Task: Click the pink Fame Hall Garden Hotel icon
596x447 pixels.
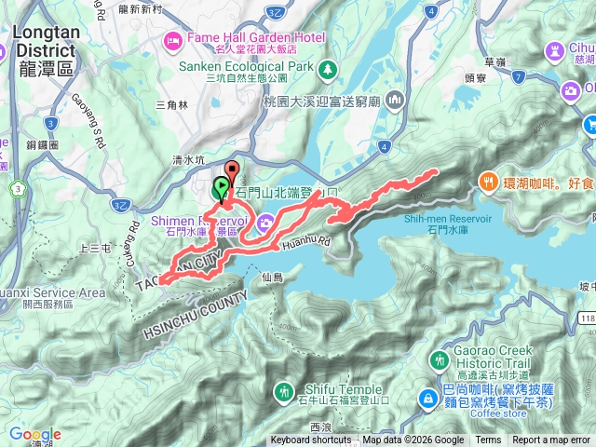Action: [x=172, y=39]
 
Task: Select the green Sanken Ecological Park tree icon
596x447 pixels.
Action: [x=327, y=69]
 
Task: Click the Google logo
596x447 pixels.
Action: [x=35, y=434]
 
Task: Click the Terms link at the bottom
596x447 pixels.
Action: [x=488, y=440]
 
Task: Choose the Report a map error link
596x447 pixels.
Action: [x=551, y=440]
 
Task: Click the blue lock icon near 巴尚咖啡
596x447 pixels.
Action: [x=427, y=398]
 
